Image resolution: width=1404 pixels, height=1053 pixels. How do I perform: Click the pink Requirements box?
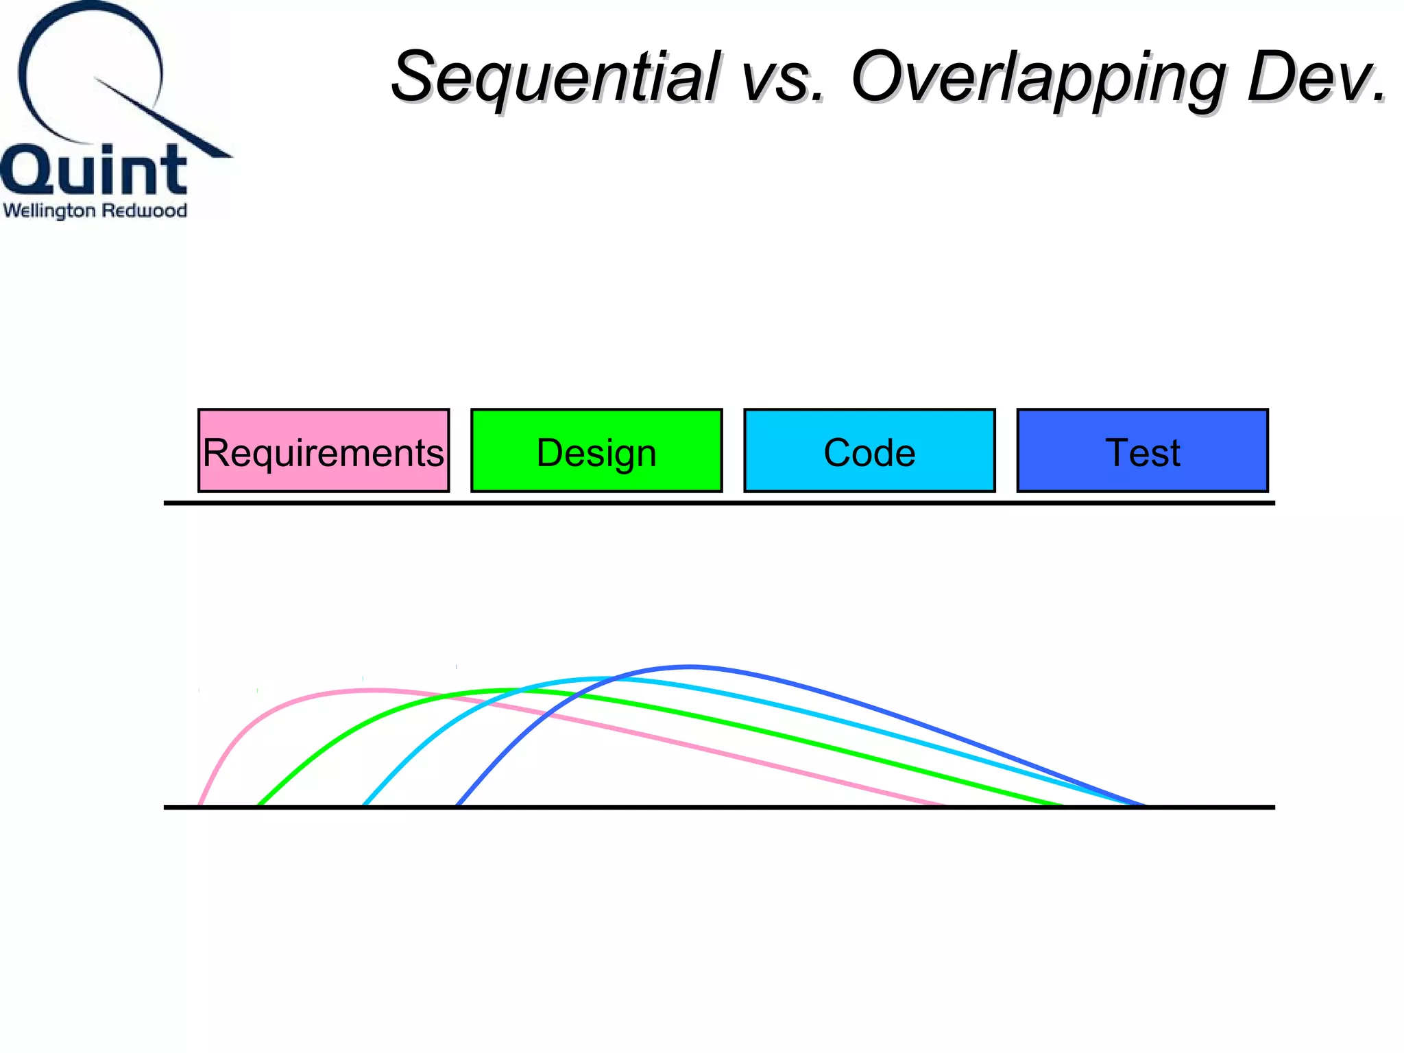tap(324, 450)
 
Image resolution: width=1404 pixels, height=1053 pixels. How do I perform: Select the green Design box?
tap(596, 450)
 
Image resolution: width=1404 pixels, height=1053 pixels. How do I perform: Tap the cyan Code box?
tap(869, 450)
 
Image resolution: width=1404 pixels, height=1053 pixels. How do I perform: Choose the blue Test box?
tap(1142, 450)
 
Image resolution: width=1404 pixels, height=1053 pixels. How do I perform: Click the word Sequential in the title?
tap(555, 77)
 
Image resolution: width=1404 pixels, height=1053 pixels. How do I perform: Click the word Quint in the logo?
tap(94, 170)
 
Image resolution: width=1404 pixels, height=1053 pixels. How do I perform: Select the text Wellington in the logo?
tap(49, 211)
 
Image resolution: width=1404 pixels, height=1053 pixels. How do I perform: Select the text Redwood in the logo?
tap(145, 210)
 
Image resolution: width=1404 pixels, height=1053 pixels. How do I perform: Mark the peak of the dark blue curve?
tap(690, 666)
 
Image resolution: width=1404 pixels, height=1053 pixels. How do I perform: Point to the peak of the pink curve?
tap(374, 690)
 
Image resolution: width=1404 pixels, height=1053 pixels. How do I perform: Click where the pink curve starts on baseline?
tap(199, 804)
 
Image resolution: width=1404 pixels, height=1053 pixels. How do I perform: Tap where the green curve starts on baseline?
tap(259, 804)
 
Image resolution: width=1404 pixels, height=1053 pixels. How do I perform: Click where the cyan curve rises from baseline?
tap(364, 804)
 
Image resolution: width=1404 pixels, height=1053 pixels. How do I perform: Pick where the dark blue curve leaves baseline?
tap(457, 804)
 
